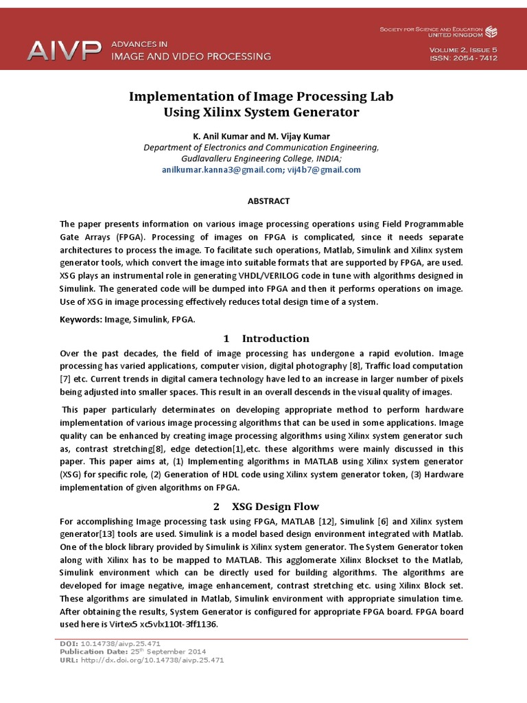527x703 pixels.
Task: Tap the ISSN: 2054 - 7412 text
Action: (x=463, y=58)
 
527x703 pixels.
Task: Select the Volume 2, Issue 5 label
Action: (x=463, y=49)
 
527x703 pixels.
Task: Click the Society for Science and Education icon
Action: (x=491, y=32)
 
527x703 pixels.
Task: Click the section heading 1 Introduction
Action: (x=266, y=338)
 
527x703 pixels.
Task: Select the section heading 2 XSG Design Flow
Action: (x=266, y=507)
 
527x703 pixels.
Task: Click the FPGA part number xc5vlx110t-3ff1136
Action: (x=179, y=624)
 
